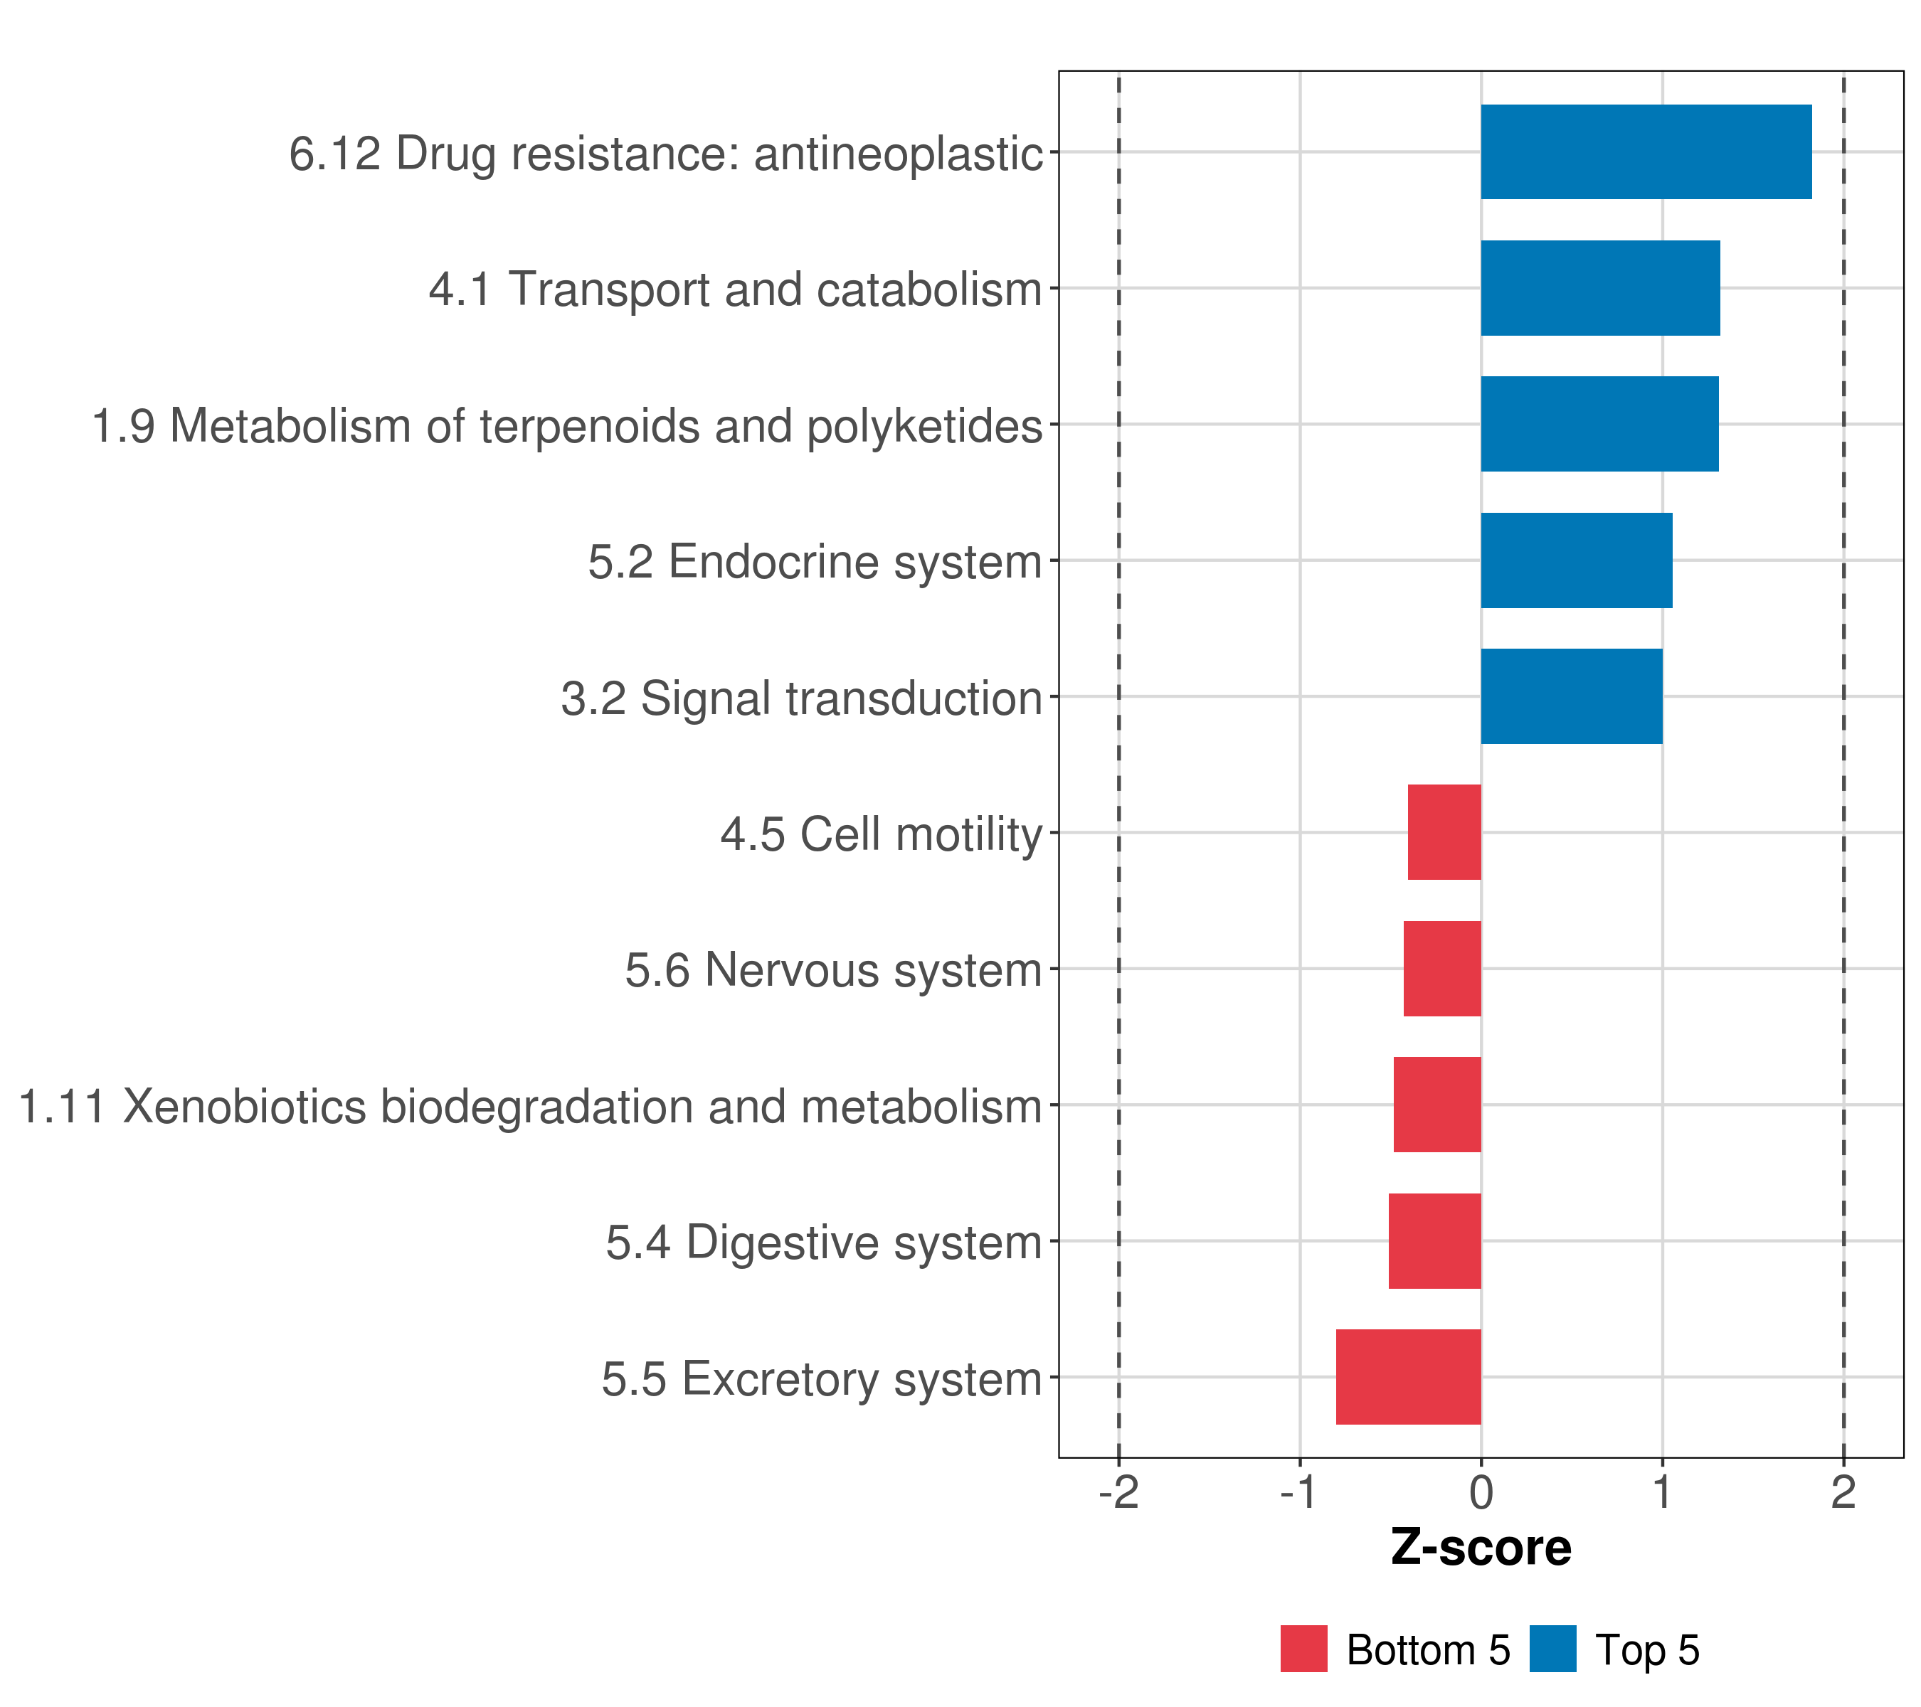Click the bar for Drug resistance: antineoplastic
click(1646, 152)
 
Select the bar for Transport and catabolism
click(1599, 289)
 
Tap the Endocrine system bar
click(1576, 561)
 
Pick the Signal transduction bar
click(1572, 696)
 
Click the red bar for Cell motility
click(1444, 832)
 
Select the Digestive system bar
click(1434, 1241)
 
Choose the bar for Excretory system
click(1408, 1377)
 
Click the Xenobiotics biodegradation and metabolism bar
click(1437, 1105)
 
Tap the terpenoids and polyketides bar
click(1599, 425)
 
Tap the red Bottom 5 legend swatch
click(1303, 1649)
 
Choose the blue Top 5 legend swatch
click(1552, 1649)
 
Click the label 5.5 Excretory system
click(822, 1379)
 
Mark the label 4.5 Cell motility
click(882, 834)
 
